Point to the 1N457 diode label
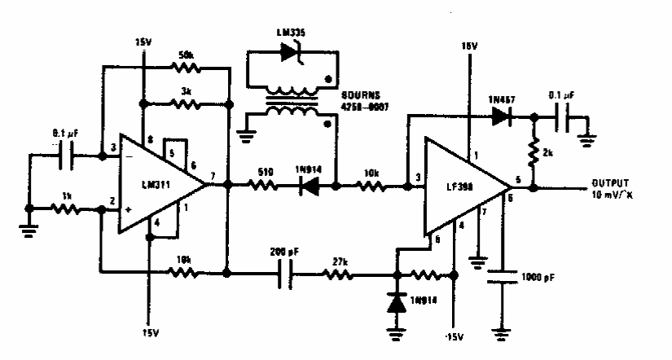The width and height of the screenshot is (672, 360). (x=499, y=99)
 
